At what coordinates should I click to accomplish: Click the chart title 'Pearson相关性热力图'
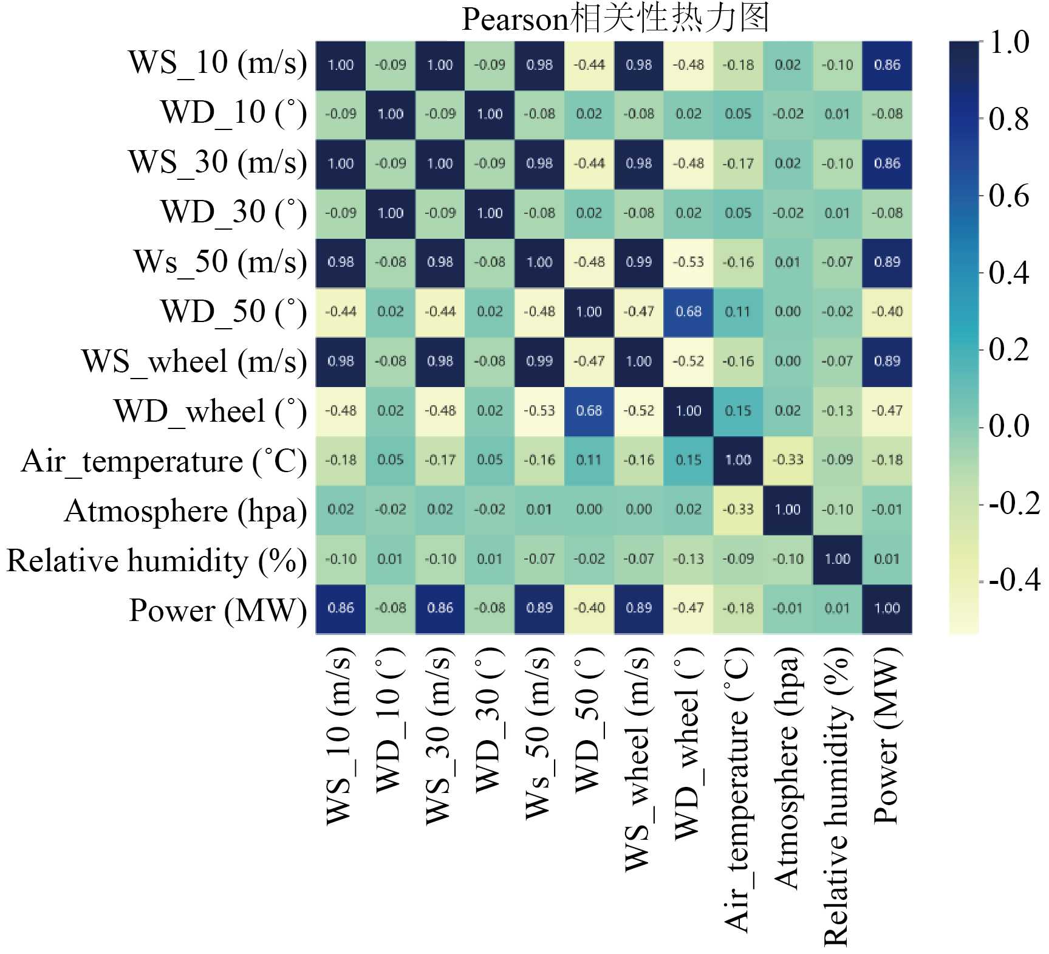[x=615, y=19]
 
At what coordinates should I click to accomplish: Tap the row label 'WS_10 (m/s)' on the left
[x=217, y=63]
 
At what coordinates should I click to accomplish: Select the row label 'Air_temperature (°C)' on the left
[x=164, y=461]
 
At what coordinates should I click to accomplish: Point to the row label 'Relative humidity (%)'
[x=157, y=561]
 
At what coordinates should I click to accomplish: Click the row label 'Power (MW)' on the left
[x=217, y=610]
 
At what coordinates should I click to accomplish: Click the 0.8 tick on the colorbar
[x=1009, y=119]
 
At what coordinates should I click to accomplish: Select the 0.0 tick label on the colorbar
[x=1009, y=427]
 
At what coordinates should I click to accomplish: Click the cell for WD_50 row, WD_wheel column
[x=688, y=312]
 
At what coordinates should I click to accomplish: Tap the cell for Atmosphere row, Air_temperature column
[x=738, y=510]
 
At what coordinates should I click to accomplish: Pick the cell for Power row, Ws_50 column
[x=539, y=608]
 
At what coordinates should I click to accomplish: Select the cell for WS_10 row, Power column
[x=887, y=65]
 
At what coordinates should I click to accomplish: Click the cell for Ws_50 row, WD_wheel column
[x=688, y=263]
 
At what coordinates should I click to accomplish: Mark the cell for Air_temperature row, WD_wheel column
[x=688, y=460]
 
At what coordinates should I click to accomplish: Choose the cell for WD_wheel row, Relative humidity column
[x=837, y=411]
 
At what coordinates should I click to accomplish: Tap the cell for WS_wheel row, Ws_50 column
[x=539, y=362]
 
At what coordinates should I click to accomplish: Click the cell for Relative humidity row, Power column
[x=887, y=559]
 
